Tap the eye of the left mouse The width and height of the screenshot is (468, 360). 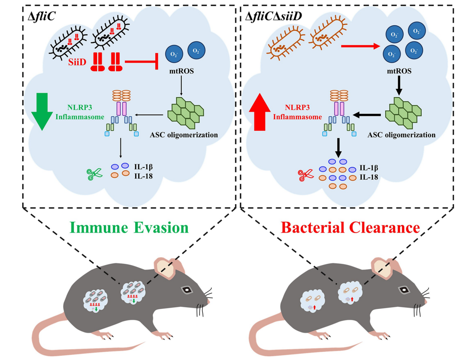pyautogui.click(x=187, y=290)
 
